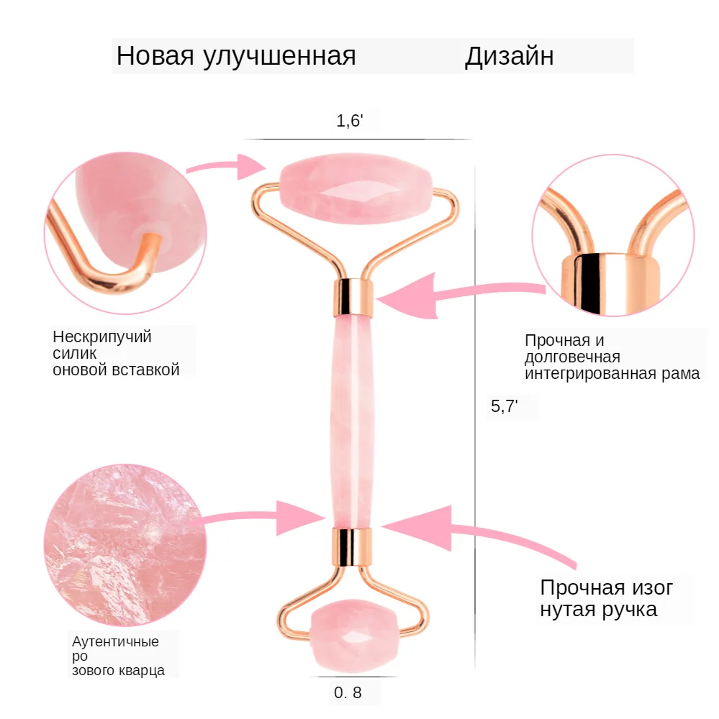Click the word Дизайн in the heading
coord(509,56)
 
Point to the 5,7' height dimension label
coord(504,406)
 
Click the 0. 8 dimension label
coord(348,694)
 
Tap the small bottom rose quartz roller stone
coord(353,633)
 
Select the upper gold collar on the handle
coord(354,296)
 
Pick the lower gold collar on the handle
coord(353,544)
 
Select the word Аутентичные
coord(115,641)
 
